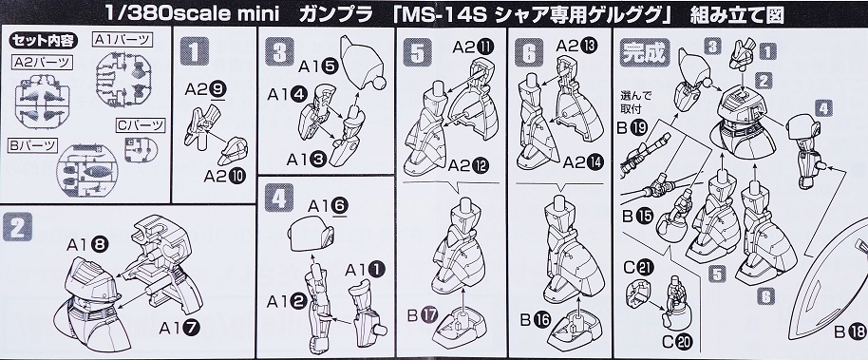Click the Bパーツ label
[33, 144]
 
